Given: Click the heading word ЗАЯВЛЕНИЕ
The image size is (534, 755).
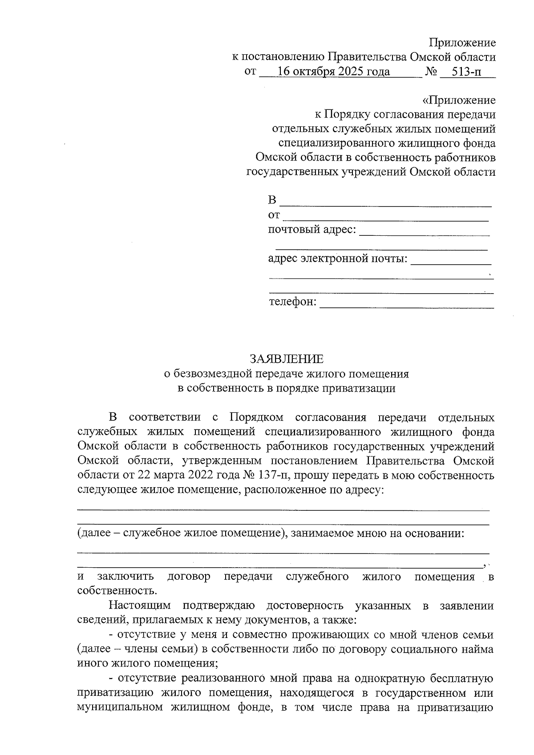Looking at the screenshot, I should point(286,359).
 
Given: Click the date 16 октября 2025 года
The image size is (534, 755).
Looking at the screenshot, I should point(333,72).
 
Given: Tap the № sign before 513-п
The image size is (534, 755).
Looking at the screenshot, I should point(431,72).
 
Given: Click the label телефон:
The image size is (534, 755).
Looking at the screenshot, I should point(293,302).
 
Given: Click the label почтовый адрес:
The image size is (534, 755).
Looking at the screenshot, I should point(312,230).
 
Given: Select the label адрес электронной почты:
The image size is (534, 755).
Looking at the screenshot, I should point(338,258).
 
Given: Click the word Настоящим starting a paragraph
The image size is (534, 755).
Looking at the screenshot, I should point(139,606).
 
